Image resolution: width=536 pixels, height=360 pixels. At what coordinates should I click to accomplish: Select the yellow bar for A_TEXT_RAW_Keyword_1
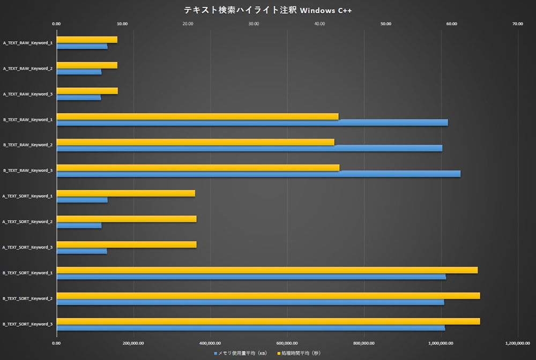(x=87, y=40)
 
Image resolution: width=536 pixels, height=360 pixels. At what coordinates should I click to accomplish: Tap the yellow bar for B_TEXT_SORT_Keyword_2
(x=268, y=296)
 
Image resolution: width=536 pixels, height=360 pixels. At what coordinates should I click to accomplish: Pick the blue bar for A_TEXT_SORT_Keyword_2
(x=79, y=226)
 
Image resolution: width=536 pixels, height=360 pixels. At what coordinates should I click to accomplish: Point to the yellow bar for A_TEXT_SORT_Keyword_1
(x=125, y=193)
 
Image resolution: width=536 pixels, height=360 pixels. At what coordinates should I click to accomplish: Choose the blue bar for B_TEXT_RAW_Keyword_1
(x=252, y=123)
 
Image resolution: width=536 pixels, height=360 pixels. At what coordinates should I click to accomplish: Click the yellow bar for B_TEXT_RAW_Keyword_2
(x=195, y=142)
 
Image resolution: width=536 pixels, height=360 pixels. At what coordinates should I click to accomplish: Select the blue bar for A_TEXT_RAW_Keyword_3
(x=79, y=97)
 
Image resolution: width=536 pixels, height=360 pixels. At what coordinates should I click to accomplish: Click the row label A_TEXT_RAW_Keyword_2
(x=28, y=69)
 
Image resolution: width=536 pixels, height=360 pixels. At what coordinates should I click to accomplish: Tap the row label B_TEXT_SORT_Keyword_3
(x=28, y=324)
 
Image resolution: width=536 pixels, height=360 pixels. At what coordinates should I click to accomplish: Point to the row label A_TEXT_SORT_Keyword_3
(x=28, y=247)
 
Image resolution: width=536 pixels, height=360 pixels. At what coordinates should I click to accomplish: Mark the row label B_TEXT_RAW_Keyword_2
(x=28, y=145)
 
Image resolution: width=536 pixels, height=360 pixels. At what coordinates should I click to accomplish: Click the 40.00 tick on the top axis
(x=319, y=24)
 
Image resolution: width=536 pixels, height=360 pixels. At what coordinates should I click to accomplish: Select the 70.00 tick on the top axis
(x=517, y=24)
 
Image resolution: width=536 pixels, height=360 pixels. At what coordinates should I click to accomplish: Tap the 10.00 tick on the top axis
(x=122, y=24)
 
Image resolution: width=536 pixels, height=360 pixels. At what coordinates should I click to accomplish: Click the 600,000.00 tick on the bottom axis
(x=287, y=343)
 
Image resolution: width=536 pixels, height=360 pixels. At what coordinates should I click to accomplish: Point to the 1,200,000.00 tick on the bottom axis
(x=517, y=343)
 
